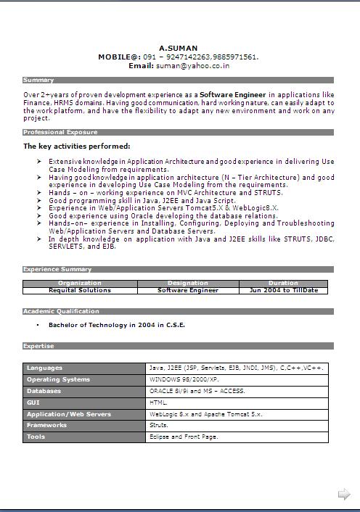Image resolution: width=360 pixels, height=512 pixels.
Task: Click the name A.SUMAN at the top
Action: click(x=179, y=49)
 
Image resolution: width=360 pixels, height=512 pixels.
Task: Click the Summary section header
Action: click(x=38, y=80)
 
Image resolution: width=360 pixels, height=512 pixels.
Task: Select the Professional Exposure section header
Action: click(x=60, y=132)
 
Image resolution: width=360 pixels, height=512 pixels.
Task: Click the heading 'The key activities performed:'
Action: click(x=77, y=146)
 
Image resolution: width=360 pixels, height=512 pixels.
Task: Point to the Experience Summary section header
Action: click(x=57, y=269)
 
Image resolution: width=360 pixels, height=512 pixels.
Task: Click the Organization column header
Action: click(x=80, y=283)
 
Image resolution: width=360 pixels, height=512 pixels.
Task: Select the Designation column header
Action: click(x=188, y=283)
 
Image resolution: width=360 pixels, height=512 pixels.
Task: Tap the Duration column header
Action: click(x=283, y=283)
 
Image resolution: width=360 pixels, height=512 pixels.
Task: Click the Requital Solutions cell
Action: click(x=80, y=290)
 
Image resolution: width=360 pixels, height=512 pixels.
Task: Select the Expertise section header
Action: click(x=39, y=346)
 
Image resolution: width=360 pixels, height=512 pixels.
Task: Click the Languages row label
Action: click(x=45, y=368)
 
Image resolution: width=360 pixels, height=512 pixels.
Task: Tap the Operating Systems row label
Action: click(x=58, y=379)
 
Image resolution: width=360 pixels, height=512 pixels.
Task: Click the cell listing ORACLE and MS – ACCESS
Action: click(x=197, y=391)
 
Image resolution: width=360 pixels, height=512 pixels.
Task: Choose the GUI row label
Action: click(x=33, y=402)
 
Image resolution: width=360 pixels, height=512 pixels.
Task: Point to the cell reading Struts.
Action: click(x=159, y=425)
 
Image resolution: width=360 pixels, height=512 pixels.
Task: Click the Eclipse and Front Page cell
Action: click(x=184, y=437)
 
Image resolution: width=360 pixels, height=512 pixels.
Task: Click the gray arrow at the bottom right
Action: click(x=344, y=495)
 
